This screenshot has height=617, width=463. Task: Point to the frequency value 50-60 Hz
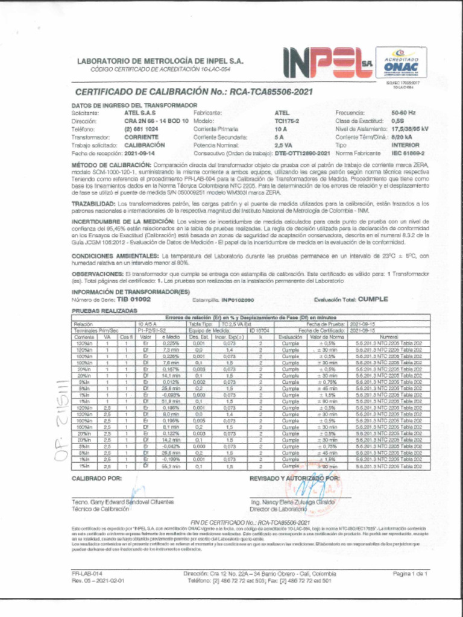(x=403, y=113)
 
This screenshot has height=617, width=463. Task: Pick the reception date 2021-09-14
(x=140, y=153)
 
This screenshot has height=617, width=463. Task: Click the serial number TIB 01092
(x=134, y=299)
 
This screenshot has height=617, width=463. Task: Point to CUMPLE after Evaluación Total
(x=377, y=299)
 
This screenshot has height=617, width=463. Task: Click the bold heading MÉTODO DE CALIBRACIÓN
(x=111, y=164)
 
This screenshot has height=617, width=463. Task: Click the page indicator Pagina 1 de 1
(x=410, y=574)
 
